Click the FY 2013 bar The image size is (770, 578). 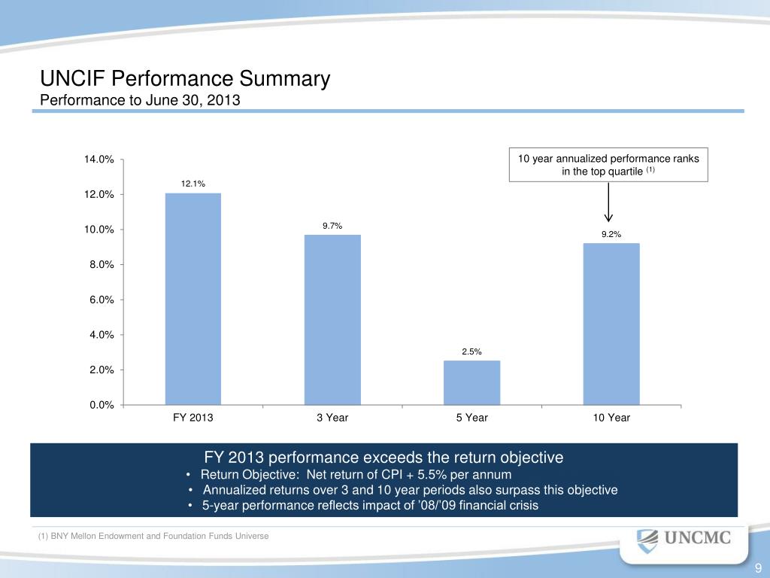click(193, 299)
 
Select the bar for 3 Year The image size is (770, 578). click(332, 320)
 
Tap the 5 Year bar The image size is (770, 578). click(471, 382)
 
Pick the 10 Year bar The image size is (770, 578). click(611, 324)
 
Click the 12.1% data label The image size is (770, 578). click(193, 184)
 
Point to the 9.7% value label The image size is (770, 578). click(332, 225)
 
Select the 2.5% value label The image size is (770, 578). click(471, 351)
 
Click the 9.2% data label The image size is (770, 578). click(611, 234)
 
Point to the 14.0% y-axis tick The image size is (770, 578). click(99, 160)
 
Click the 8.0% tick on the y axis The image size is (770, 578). click(99, 265)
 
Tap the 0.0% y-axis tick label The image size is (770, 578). click(99, 406)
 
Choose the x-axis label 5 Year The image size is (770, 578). click(471, 418)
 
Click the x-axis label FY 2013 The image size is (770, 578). click(193, 418)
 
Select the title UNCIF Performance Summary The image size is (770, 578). click(185, 79)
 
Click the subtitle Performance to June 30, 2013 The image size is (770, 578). click(139, 99)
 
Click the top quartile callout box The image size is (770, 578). click(608, 165)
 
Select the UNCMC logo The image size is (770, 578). click(684, 539)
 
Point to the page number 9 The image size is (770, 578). click(758, 567)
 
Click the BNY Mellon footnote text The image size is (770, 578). click(153, 536)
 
